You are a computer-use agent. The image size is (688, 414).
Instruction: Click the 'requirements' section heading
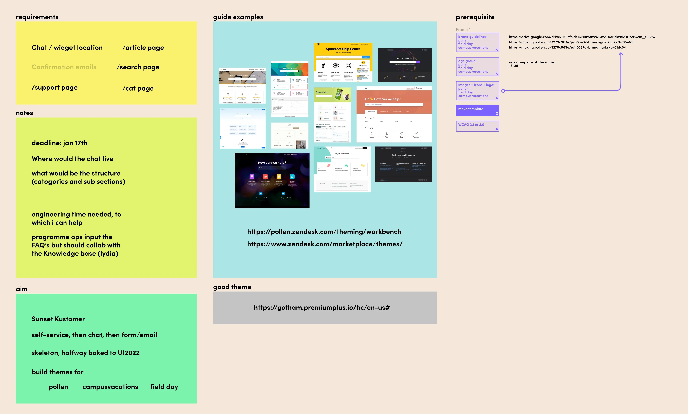pos(37,17)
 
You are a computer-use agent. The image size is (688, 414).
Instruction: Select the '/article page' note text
pos(143,48)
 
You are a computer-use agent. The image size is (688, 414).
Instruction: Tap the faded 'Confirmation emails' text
pos(64,67)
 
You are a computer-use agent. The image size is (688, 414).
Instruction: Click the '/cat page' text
pos(138,88)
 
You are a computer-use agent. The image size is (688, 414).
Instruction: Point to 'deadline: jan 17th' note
pos(60,143)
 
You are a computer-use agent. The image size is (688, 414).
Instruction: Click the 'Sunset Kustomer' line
pos(58,319)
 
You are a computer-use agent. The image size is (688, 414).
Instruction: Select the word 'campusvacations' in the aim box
pos(110,387)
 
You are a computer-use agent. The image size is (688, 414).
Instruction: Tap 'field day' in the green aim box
pos(164,387)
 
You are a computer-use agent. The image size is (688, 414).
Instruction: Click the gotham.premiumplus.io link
pos(322,308)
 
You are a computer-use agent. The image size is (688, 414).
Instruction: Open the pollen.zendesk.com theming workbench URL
pos(324,232)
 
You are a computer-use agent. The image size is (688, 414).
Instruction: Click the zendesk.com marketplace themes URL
pos(325,244)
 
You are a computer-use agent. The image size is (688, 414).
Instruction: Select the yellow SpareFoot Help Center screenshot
pos(343,62)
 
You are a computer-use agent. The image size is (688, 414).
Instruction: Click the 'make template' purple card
pos(477,110)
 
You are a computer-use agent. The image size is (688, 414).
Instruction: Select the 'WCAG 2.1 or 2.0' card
pos(477,126)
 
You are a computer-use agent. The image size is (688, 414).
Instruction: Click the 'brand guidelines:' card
pos(477,42)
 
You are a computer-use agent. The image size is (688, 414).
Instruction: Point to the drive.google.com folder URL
pos(582,37)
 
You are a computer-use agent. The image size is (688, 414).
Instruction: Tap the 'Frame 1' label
pos(463,30)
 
